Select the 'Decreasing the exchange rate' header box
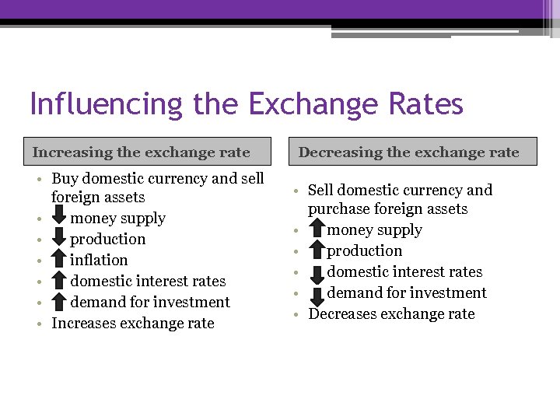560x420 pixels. tap(408, 152)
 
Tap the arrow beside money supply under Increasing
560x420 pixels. tap(60, 219)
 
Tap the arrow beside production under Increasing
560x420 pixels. tap(60, 240)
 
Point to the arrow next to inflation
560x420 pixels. tap(60, 261)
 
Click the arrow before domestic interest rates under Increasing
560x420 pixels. tap(60, 282)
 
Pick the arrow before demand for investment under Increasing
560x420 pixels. tap(60, 303)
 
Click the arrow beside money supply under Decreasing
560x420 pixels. tap(317, 230)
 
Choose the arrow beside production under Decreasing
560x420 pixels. tap(317, 251)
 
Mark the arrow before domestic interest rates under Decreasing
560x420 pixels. tap(317, 272)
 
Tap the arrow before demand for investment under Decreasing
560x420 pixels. tap(317, 293)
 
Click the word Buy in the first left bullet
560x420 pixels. tap(65, 179)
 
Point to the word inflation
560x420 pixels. tap(99, 260)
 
